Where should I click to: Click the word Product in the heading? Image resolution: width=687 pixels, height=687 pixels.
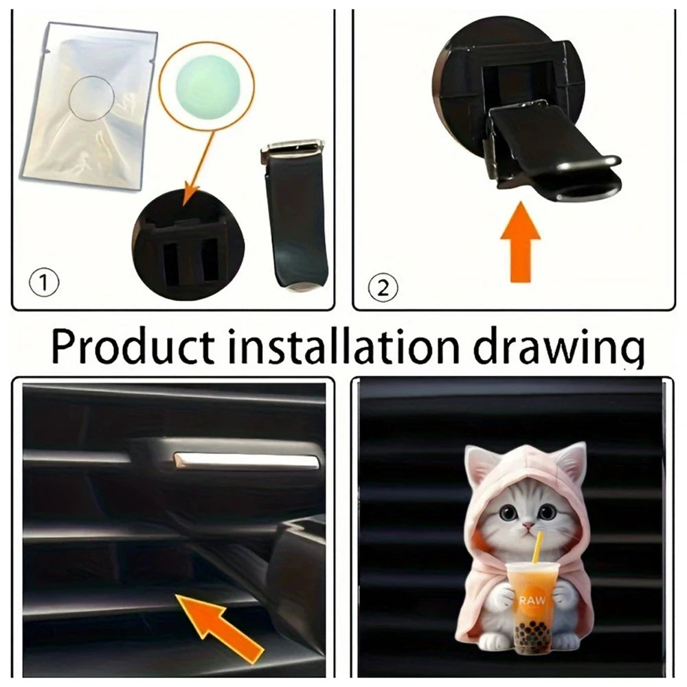(133, 346)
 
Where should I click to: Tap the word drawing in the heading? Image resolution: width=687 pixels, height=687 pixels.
(559, 349)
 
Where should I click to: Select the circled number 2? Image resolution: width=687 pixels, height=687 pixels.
(383, 288)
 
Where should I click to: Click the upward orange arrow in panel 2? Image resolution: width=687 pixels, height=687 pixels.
(521, 242)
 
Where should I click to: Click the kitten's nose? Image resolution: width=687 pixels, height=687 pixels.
(529, 524)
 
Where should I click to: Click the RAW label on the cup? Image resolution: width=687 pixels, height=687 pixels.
(533, 600)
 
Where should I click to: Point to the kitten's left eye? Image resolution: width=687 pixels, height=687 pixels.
(508, 511)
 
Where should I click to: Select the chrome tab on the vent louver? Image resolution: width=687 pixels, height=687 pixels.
(245, 461)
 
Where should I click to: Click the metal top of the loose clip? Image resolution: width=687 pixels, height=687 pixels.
(293, 148)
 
